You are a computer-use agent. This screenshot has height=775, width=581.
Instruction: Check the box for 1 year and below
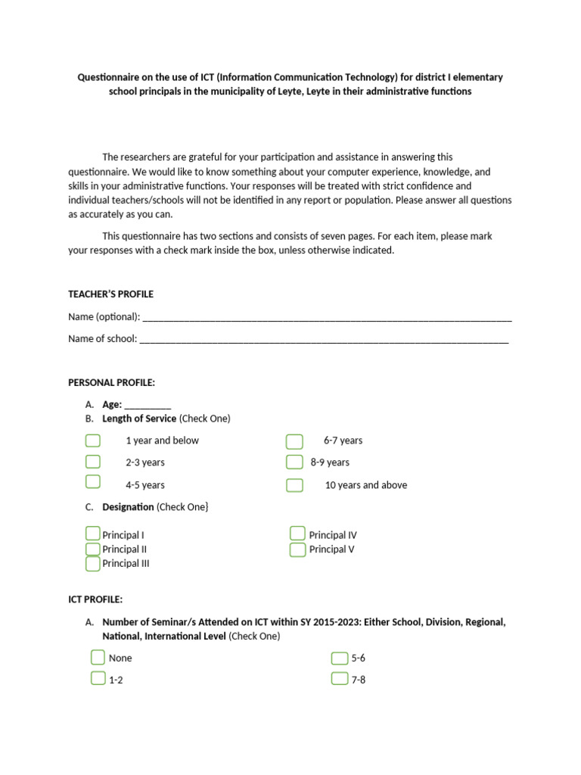[92, 440]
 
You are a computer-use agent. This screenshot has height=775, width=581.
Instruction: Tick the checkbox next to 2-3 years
[92, 462]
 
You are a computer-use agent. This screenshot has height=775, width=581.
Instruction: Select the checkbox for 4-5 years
[92, 482]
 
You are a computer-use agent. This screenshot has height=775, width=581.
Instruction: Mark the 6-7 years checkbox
[294, 441]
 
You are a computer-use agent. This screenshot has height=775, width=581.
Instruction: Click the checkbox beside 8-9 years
[294, 462]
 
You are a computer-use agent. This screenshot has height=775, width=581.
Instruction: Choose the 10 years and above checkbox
[294, 485]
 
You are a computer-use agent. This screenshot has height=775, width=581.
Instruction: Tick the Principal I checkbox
[92, 534]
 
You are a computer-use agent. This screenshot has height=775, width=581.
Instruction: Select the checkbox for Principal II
[92, 549]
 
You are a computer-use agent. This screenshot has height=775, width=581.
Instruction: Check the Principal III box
[92, 563]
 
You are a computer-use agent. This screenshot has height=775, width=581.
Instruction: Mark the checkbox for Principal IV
[297, 534]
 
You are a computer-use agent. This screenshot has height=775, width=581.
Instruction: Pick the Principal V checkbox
[297, 549]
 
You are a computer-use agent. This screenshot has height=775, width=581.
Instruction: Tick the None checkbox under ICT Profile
[98, 657]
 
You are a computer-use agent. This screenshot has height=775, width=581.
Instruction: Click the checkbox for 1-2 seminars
[98, 678]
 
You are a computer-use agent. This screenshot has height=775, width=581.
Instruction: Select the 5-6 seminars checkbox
[340, 658]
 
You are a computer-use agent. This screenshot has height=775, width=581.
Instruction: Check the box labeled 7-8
[340, 678]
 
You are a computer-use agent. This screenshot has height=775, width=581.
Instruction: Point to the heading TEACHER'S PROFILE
[110, 294]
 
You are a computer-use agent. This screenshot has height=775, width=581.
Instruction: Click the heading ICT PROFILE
[95, 599]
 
